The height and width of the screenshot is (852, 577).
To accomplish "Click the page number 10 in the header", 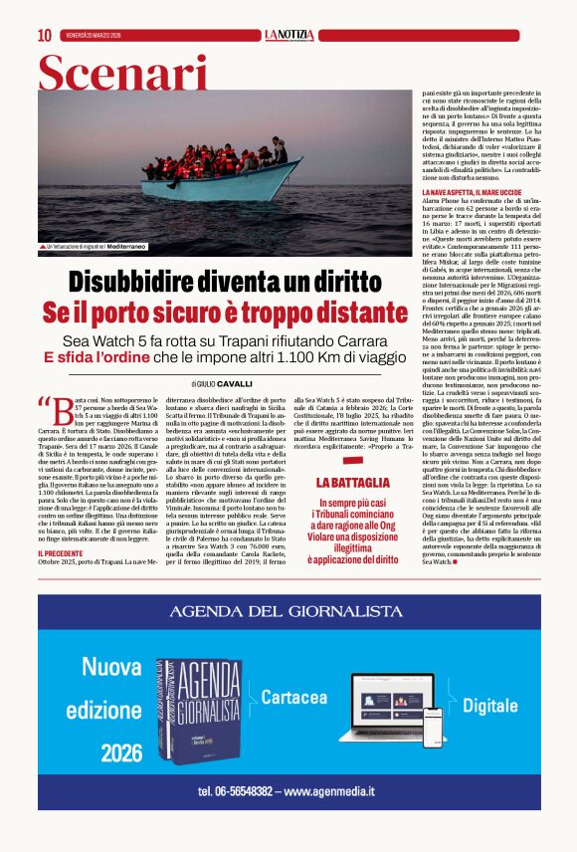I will click(44, 35).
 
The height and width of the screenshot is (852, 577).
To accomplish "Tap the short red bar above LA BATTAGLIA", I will click(352, 462).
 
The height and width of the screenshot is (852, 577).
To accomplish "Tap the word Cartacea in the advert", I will click(295, 699).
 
